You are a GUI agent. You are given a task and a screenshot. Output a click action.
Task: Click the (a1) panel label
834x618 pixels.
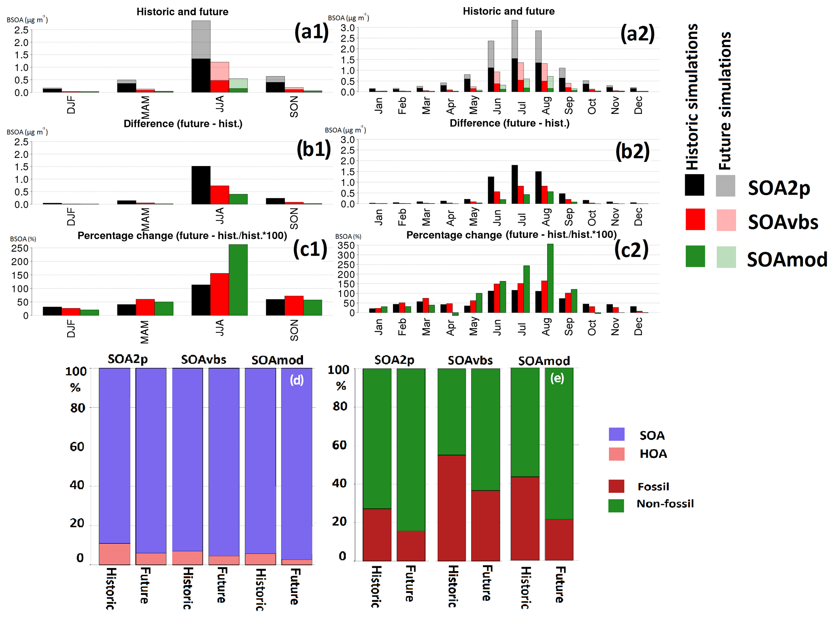coord(311,32)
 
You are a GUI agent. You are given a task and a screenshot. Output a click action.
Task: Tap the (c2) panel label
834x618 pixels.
coord(631,249)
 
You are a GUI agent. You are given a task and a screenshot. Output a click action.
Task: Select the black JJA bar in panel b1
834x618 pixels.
coord(201,185)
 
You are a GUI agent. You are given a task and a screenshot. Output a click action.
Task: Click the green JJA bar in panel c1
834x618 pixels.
coord(238,280)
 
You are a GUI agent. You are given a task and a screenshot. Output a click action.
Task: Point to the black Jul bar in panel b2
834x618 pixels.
coord(514,184)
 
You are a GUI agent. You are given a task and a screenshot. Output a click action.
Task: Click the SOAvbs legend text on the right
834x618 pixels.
coord(783,222)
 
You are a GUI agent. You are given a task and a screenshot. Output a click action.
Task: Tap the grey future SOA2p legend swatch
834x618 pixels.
coord(725,186)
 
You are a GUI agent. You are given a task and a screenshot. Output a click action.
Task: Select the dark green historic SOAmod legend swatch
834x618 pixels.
coord(695,256)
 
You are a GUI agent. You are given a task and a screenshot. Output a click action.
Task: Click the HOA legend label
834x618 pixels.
coord(653,454)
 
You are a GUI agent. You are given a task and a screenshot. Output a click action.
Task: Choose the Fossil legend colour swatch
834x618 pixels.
coord(616,486)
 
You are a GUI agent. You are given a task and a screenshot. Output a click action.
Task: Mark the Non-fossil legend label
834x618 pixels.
coord(665,504)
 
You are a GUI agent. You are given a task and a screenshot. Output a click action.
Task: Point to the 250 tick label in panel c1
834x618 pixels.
coord(20,248)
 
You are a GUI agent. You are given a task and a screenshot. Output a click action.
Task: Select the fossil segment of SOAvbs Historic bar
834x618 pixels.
coord(451,508)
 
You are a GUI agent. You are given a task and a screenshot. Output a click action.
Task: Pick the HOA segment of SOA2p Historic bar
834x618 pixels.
coord(115,554)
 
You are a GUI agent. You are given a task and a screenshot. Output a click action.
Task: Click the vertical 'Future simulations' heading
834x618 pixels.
coord(725,101)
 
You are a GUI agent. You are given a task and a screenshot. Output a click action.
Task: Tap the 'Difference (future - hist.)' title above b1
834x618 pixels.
coord(183,124)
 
